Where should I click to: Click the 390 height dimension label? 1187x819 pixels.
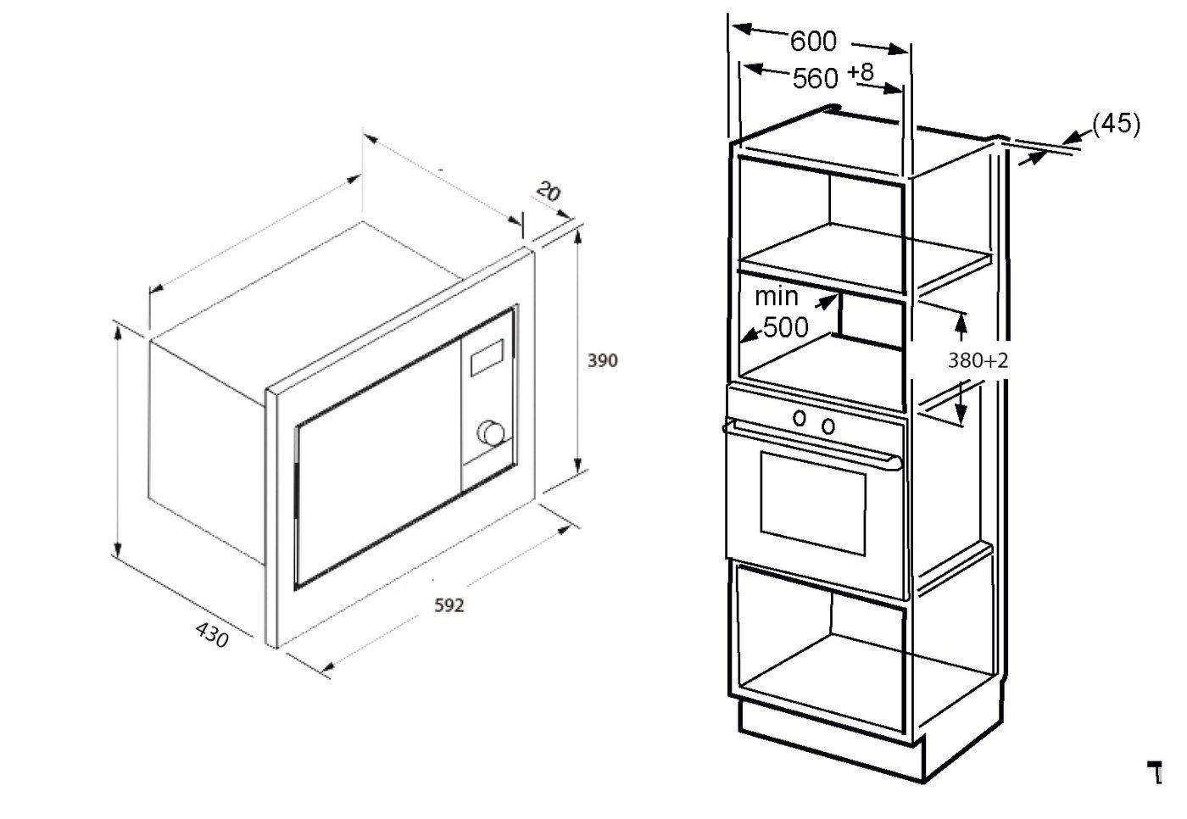coord(603,361)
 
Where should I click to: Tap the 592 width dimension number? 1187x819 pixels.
coord(449,605)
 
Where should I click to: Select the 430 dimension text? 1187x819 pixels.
coord(212,635)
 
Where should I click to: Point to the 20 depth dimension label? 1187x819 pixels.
coord(548,192)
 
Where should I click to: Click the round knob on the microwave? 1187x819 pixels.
coord(492,432)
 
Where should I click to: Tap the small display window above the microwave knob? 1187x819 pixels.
coord(488,358)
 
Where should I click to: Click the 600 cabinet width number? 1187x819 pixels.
coord(813,42)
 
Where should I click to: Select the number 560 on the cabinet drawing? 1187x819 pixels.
coord(815,79)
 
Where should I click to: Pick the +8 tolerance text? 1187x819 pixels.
coord(861,72)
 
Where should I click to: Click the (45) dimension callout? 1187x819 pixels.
coord(1117,124)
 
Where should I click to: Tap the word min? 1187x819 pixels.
coord(777,297)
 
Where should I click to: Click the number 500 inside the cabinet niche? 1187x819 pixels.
coord(785,327)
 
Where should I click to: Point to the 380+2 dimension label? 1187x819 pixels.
coord(978,361)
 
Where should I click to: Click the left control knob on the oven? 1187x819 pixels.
coord(800,418)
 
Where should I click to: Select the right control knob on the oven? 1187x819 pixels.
coord(828,425)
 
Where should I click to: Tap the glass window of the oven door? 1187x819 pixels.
coord(813,504)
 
